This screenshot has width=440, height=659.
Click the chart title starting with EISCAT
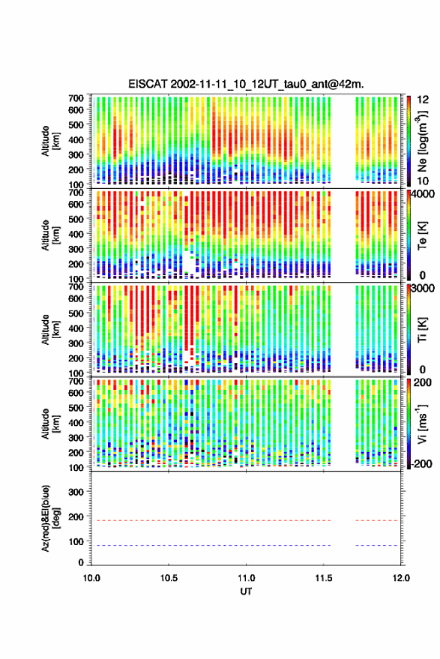click(x=246, y=84)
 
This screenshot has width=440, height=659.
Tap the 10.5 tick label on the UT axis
click(x=169, y=578)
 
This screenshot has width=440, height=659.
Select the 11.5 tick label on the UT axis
click(x=324, y=578)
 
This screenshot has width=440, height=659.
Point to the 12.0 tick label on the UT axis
click(x=401, y=578)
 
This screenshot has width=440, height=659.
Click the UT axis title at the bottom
click(x=246, y=592)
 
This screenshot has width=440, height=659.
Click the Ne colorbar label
click(x=423, y=141)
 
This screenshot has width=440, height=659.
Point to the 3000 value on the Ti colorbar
click(x=423, y=289)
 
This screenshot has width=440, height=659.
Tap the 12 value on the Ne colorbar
click(x=423, y=100)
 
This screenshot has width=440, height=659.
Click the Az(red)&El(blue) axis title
click(x=50, y=518)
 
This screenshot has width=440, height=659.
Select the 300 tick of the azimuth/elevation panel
click(x=76, y=492)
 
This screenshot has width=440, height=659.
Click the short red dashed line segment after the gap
click(x=376, y=521)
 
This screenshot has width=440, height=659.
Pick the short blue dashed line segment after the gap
click(x=376, y=546)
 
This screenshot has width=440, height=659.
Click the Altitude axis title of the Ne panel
click(x=50, y=141)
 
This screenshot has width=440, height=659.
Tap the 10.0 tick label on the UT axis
click(x=91, y=578)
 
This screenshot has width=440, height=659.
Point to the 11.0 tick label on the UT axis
click(x=246, y=578)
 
